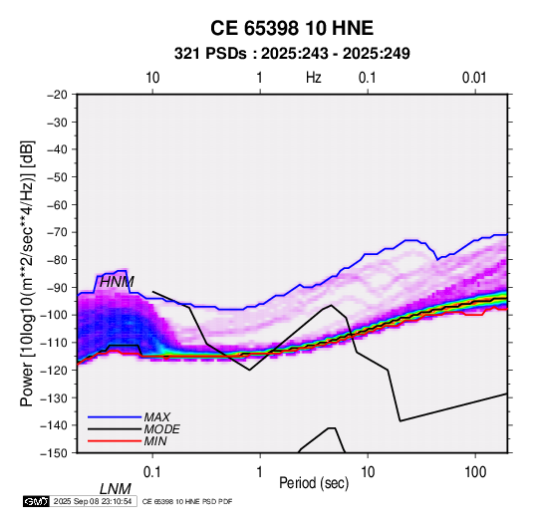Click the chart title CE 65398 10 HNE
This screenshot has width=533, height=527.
[292, 28]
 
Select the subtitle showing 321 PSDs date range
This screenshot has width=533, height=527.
[292, 54]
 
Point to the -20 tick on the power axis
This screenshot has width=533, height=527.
[57, 95]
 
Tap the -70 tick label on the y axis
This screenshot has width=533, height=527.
[57, 232]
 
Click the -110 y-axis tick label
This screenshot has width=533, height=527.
[54, 343]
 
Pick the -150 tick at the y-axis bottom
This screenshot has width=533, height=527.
[54, 453]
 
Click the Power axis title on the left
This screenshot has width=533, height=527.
[27, 273]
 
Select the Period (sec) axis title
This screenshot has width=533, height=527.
[314, 483]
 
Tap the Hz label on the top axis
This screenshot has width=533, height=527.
[314, 78]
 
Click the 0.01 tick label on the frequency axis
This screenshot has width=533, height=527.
[474, 78]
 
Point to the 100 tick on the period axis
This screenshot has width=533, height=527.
[475, 472]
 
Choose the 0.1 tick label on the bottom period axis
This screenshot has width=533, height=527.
[152, 472]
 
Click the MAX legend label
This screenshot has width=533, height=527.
[156, 416]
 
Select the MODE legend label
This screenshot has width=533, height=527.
[161, 429]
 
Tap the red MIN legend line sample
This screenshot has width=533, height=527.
[115, 441]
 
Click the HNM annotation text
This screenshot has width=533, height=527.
[117, 282]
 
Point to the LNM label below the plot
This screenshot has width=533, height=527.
[116, 489]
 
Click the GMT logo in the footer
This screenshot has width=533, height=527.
[37, 501]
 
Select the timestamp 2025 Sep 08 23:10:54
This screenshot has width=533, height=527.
[93, 501]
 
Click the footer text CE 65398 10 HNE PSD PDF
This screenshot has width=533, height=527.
[187, 501]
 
